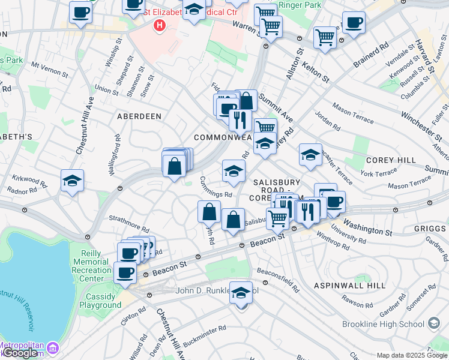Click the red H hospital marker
[x=159, y=25]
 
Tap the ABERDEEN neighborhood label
[x=139, y=116]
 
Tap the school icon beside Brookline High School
[x=433, y=324]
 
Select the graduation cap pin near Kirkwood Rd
[x=72, y=181]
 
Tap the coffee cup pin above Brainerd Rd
[x=353, y=23]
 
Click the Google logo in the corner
[x=20, y=353]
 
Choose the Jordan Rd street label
[x=328, y=123]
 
